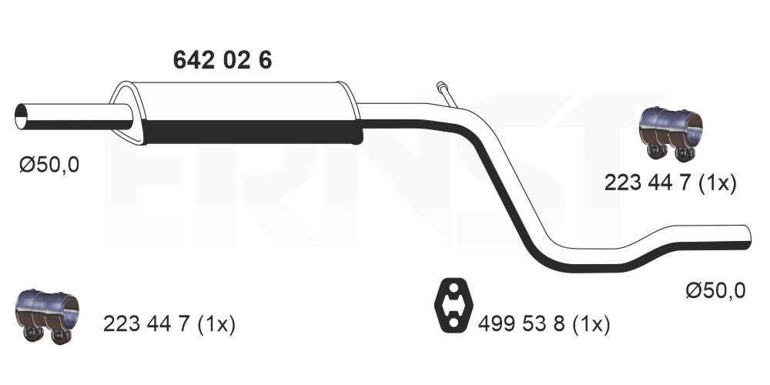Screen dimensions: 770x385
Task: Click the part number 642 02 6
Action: [x=223, y=60]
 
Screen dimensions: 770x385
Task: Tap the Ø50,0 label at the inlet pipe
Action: [x=49, y=165]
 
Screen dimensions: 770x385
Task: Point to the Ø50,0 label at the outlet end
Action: [x=716, y=291]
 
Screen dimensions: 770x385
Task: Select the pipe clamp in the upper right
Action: [x=671, y=133]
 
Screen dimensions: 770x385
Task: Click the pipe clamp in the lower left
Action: [x=47, y=316]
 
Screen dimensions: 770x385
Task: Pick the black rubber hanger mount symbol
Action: [x=454, y=306]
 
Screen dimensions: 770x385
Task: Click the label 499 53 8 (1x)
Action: [x=544, y=325]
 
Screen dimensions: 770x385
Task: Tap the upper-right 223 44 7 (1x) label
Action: [x=671, y=183]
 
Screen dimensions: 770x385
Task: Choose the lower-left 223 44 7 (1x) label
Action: [x=169, y=325]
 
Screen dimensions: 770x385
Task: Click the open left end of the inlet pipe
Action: [x=21, y=117]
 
